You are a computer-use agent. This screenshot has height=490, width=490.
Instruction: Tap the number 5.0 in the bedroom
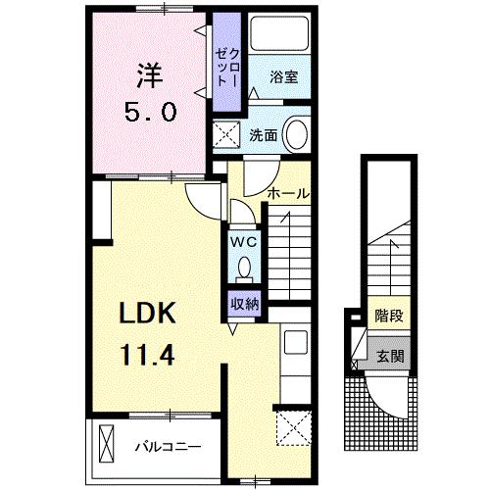pyautogui.click(x=149, y=111)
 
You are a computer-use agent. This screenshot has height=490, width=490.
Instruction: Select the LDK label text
pyautogui.click(x=146, y=314)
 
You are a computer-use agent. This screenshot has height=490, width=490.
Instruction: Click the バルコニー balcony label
pyautogui.click(x=168, y=447)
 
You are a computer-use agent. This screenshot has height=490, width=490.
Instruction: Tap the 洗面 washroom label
pyautogui.click(x=263, y=134)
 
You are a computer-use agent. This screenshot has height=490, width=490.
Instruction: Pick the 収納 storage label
pyautogui.click(x=244, y=304)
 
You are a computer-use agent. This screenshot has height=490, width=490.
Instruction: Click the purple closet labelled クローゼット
pyautogui.click(x=228, y=64)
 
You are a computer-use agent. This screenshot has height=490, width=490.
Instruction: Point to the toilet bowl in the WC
pyautogui.click(x=244, y=268)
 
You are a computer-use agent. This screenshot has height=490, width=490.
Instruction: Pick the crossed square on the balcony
pyautogui.click(x=106, y=446)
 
